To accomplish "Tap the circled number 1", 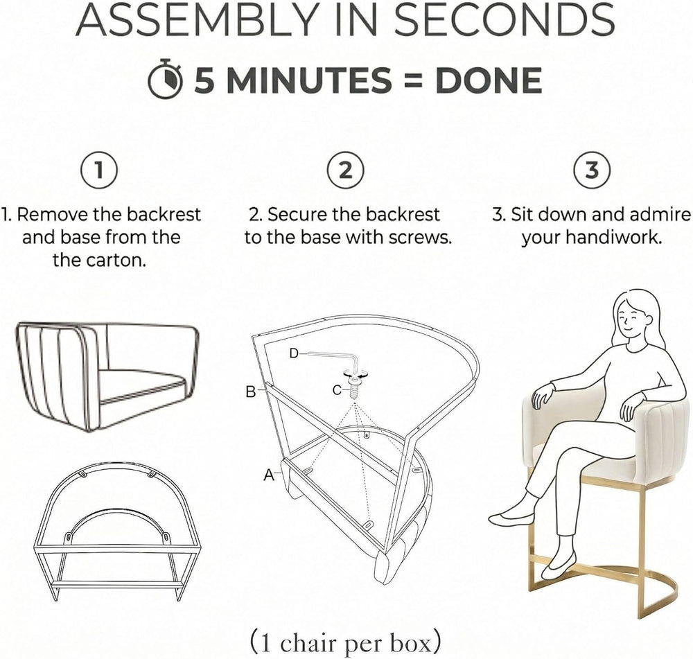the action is (x=99, y=170).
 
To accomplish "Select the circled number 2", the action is (x=345, y=170).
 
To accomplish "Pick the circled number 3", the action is (x=592, y=170).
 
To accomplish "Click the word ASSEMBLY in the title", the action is (x=197, y=19).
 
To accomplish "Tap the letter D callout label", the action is (x=295, y=353).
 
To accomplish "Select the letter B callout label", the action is (x=251, y=392).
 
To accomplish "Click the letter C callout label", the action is (x=337, y=390).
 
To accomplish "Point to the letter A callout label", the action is (x=269, y=475).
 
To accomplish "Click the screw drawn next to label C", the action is (x=354, y=387).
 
